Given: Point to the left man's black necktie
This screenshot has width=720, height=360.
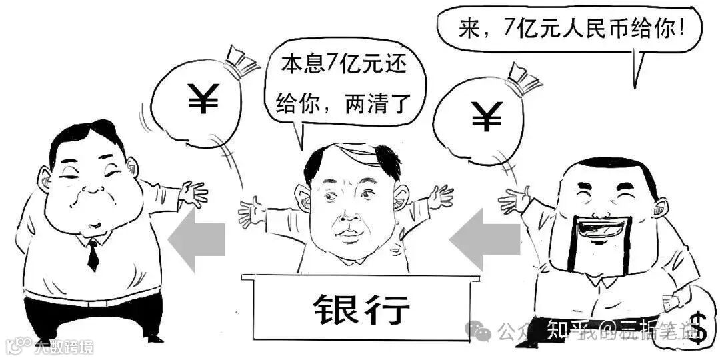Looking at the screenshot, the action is tap(93, 254).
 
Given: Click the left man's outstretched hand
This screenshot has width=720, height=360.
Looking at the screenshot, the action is tap(193, 193).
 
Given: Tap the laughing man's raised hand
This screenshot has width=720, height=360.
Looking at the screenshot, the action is tap(513, 199).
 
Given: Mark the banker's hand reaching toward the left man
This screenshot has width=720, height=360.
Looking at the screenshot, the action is tap(253, 212).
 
